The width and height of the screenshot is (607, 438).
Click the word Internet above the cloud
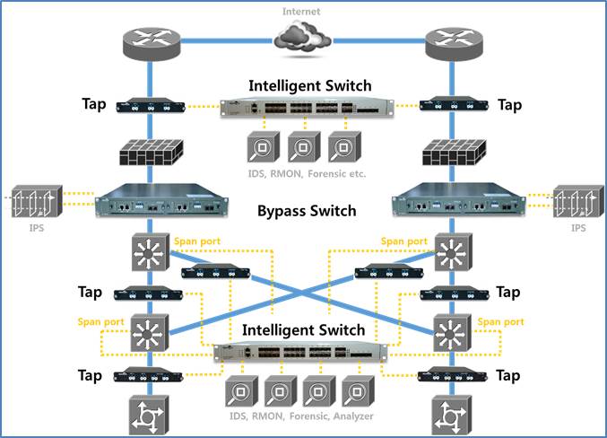click(x=302, y=12)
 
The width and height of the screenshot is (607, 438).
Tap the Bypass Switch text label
click(x=307, y=212)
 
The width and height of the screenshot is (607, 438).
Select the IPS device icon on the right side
click(x=574, y=207)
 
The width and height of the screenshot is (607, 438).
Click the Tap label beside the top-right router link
click(x=509, y=105)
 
